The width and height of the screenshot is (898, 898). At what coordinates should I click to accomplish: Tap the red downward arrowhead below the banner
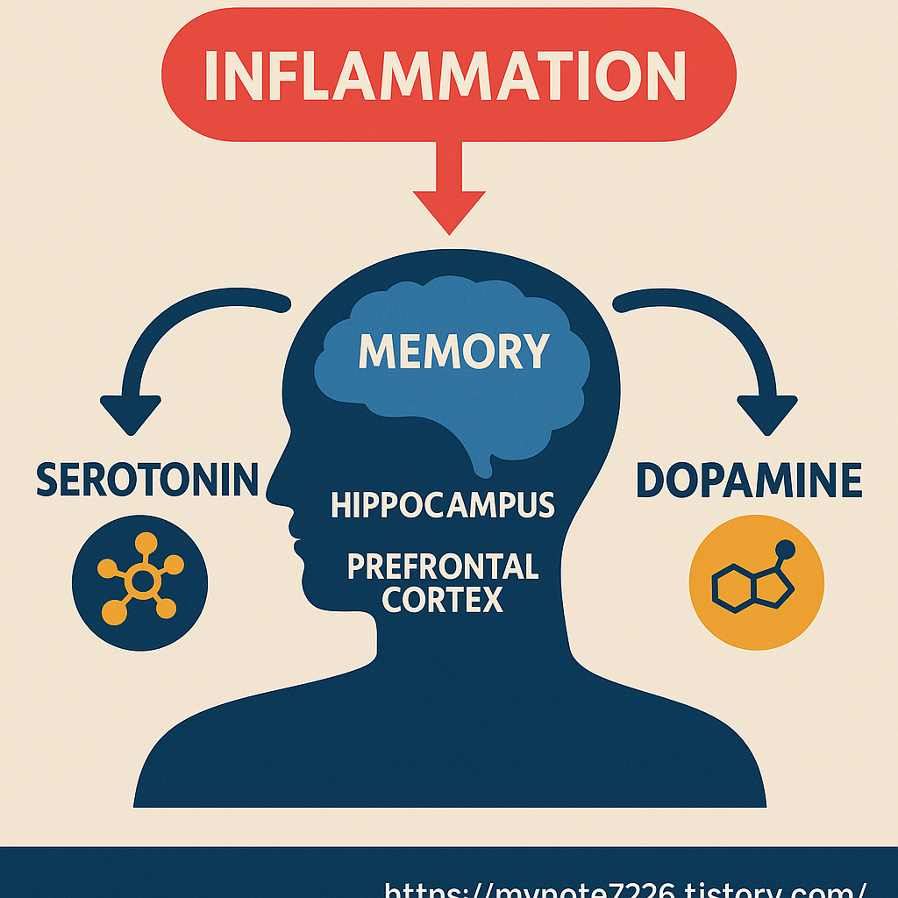pyautogui.click(x=449, y=210)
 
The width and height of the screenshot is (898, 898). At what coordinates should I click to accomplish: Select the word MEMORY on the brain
pyautogui.click(x=453, y=350)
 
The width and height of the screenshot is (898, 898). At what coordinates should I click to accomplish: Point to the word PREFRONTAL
pyautogui.click(x=443, y=567)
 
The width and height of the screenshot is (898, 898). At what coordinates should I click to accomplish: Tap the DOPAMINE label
pyautogui.click(x=748, y=481)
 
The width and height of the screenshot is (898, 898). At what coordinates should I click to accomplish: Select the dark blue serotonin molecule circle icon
pyautogui.click(x=140, y=581)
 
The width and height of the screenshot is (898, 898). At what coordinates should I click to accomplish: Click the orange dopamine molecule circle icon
pyautogui.click(x=757, y=581)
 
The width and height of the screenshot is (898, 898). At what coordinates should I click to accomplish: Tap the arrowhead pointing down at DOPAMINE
pyautogui.click(x=766, y=413)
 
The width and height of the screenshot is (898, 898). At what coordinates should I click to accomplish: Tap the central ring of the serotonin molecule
pyautogui.click(x=140, y=580)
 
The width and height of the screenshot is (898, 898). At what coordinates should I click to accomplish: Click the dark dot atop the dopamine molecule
pyautogui.click(x=785, y=550)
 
